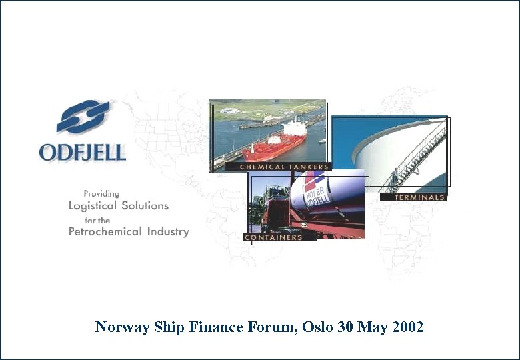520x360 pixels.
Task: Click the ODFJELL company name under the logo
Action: (83, 152)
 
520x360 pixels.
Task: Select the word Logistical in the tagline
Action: (91, 206)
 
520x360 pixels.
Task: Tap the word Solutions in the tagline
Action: (144, 206)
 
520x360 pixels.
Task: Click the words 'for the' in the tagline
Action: (97, 219)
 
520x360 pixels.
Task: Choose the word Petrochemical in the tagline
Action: (105, 232)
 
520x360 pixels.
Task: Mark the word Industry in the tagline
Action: (167, 232)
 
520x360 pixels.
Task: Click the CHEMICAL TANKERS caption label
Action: (283, 167)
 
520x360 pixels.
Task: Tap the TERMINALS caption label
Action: (419, 197)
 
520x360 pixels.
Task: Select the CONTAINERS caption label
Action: (273, 237)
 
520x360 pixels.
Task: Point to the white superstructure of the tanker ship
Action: (293, 127)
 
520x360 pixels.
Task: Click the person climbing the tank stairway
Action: (394, 176)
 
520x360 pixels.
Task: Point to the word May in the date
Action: (371, 327)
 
